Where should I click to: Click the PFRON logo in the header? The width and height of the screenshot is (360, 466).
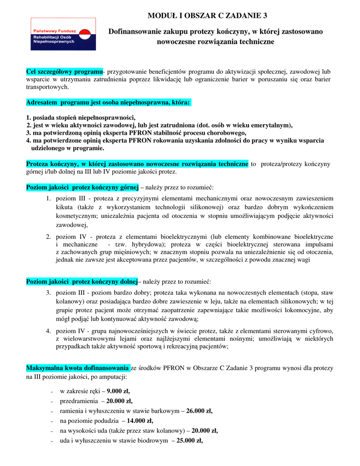[63, 34]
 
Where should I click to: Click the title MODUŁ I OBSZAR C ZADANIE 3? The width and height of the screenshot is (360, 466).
[208, 16]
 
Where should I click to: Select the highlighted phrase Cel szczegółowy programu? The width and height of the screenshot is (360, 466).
[64, 72]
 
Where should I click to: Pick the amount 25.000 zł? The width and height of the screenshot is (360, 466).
[189, 441]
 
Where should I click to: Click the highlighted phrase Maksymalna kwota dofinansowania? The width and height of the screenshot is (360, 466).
[78, 368]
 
